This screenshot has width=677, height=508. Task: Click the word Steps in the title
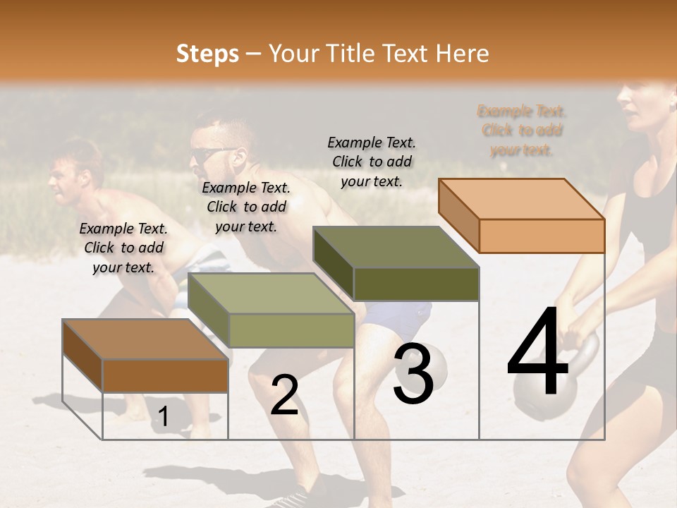click(207, 54)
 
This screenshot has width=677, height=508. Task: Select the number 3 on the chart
click(413, 375)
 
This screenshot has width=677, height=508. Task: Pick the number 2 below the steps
click(284, 395)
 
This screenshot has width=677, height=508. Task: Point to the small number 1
click(163, 417)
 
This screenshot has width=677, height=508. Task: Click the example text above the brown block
click(123, 248)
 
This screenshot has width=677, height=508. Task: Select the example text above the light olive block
click(246, 207)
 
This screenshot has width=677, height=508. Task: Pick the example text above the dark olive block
click(372, 162)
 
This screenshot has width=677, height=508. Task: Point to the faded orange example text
click(522, 131)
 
